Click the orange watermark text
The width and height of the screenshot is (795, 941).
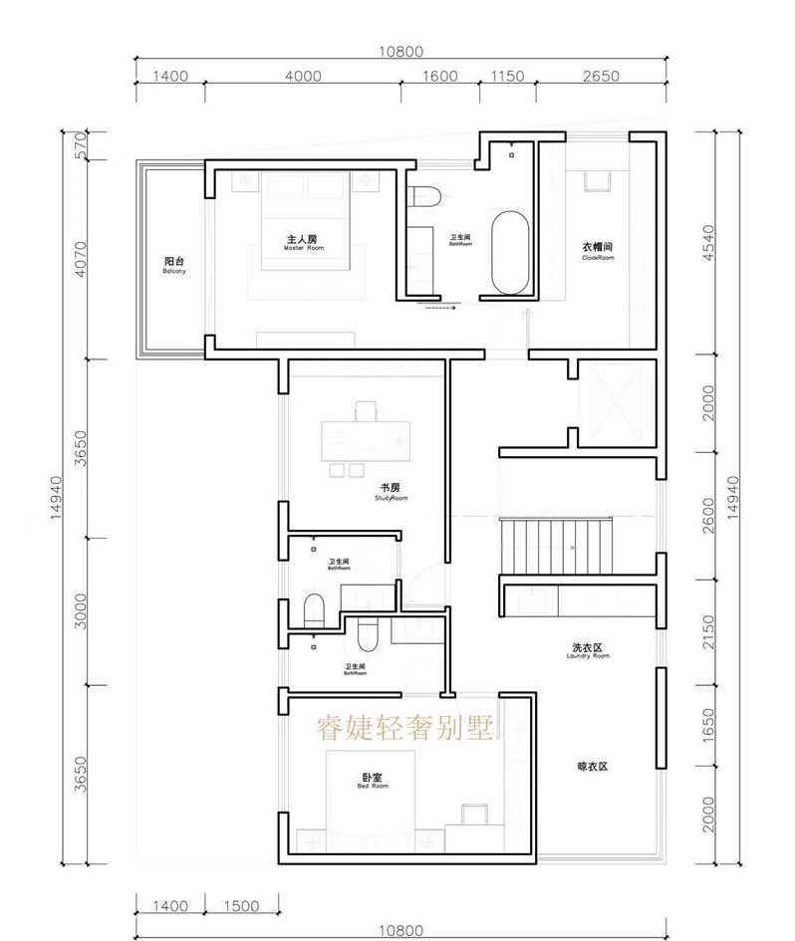(x=404, y=729)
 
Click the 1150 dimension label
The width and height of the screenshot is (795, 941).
(x=507, y=77)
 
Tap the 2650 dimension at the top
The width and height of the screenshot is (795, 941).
(x=601, y=77)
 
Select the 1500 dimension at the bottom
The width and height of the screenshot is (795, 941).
(x=241, y=906)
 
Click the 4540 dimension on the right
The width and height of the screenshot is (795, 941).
(x=708, y=243)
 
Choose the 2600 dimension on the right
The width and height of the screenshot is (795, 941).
(x=708, y=516)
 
